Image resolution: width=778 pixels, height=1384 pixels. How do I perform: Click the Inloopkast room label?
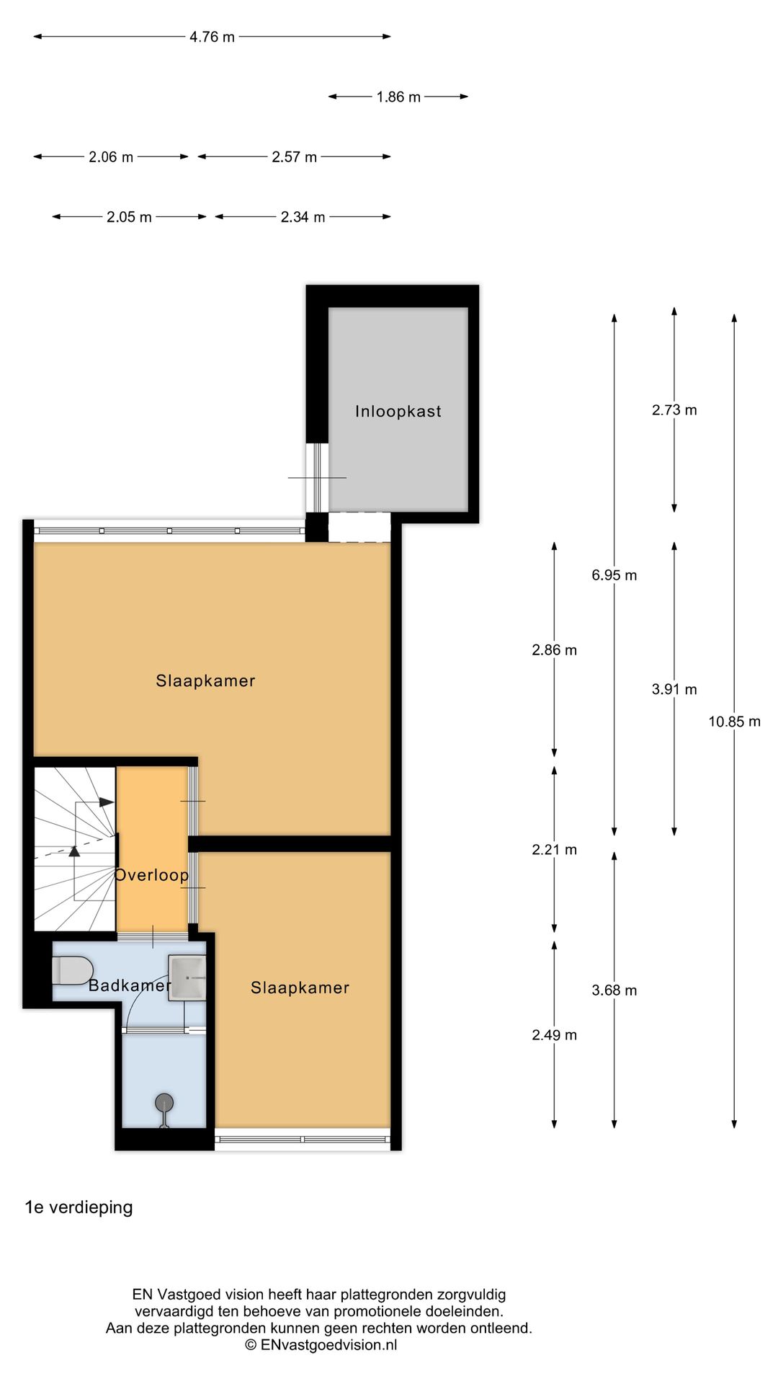[398, 412]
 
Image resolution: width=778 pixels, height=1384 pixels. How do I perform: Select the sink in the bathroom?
[187, 977]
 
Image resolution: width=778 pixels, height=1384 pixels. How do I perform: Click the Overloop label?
[152, 875]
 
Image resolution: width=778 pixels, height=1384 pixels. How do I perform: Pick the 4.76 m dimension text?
[212, 37]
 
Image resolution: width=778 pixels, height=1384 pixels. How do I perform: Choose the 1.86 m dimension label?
[398, 97]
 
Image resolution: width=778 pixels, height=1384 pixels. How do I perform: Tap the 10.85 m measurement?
[734, 722]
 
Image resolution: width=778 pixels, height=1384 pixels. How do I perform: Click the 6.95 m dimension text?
[614, 575]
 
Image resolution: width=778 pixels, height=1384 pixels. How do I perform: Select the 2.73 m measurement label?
[674, 410]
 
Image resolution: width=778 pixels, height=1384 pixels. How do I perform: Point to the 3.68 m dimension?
[614, 990]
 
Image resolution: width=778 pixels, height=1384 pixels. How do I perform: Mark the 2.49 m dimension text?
[555, 1035]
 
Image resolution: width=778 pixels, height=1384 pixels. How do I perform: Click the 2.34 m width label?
[303, 217]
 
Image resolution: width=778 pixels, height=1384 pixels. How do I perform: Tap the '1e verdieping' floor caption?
[79, 1207]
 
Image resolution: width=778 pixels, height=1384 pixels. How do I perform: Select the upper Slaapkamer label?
[206, 680]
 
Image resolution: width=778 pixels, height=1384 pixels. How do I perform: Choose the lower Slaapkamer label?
[300, 988]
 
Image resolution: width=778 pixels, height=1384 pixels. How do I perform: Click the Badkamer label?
[130, 985]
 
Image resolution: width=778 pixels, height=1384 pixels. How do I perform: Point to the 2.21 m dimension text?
[555, 850]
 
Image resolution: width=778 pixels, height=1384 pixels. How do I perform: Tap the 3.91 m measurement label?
[674, 690]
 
